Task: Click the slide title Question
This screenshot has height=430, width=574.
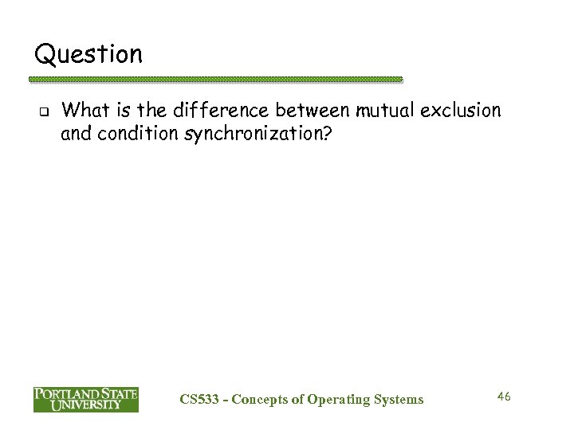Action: pyautogui.click(x=88, y=55)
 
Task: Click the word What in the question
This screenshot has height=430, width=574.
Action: pyautogui.click(x=83, y=111)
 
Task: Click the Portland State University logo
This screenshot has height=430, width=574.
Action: pyautogui.click(x=85, y=400)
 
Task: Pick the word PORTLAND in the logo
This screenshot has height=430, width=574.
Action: pyautogui.click(x=65, y=394)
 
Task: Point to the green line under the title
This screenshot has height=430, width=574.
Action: pyautogui.click(x=215, y=80)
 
